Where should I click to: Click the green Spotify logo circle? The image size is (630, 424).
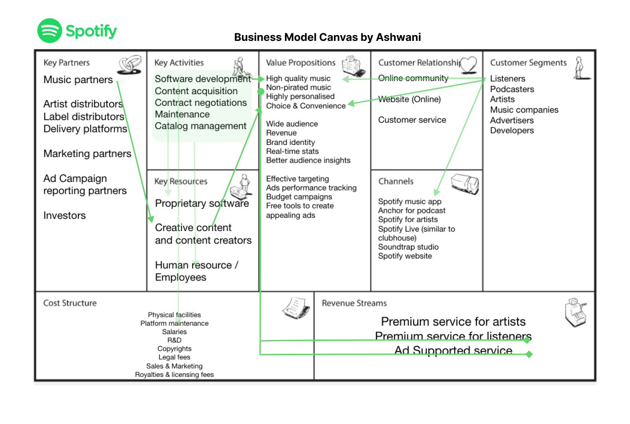[49, 31]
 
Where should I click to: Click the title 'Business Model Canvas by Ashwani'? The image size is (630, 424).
[327, 37]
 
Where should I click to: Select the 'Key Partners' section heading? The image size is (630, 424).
[66, 63]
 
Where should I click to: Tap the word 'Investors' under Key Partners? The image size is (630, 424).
[64, 216]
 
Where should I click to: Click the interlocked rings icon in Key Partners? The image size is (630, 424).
[129, 64]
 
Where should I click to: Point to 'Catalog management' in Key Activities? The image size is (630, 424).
[200, 126]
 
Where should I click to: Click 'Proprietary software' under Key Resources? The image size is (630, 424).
[201, 204]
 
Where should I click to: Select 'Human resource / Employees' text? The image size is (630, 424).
[196, 271]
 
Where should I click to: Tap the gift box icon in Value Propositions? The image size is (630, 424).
[351, 66]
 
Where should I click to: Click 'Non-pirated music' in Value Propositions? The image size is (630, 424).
[298, 88]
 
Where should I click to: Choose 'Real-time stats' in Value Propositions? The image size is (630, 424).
[292, 151]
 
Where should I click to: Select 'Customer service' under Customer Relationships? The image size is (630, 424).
[412, 120]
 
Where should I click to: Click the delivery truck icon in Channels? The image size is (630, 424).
[465, 183]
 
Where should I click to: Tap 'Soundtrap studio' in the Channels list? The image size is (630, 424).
[408, 247]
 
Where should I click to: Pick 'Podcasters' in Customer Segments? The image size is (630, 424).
[512, 89]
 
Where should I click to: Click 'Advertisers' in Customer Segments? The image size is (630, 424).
[512, 120]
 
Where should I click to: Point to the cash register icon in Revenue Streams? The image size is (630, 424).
[575, 312]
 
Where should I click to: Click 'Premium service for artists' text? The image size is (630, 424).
[453, 322]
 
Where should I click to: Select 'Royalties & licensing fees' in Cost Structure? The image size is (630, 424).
[174, 375]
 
